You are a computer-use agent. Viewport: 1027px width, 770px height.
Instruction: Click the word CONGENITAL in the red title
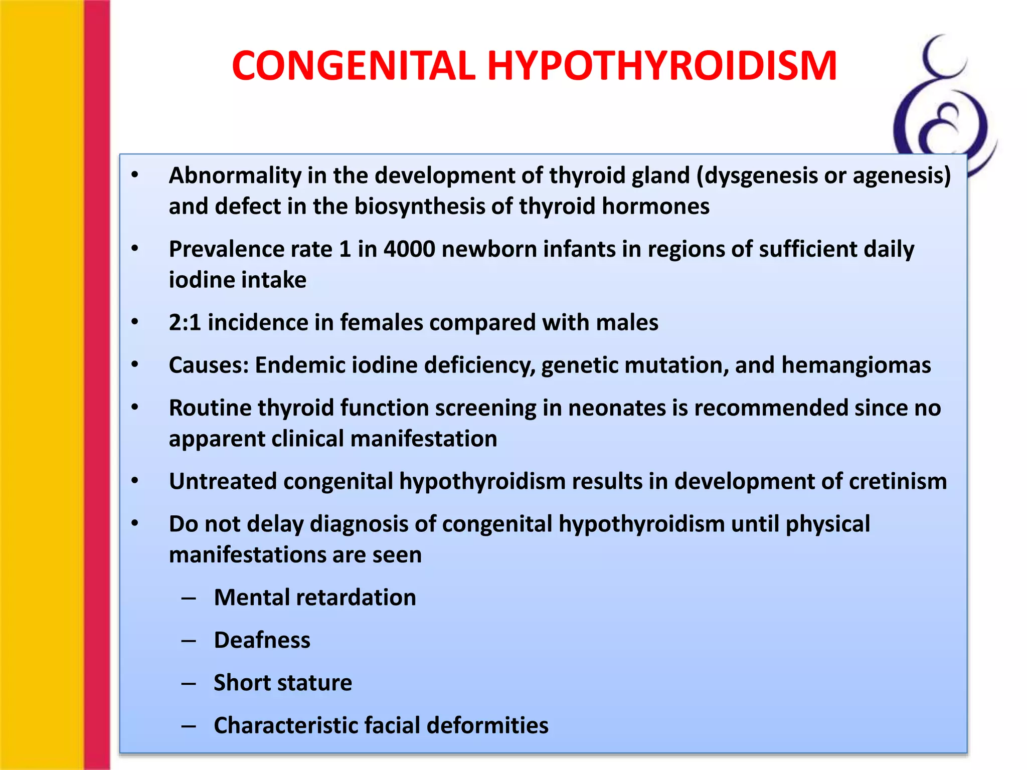pos(353,66)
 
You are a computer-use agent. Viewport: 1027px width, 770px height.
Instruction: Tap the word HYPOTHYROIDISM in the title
pos(662,66)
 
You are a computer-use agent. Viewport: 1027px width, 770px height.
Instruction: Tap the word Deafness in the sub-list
pos(262,640)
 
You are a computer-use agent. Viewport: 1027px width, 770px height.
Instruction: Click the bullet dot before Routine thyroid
pos(134,407)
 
